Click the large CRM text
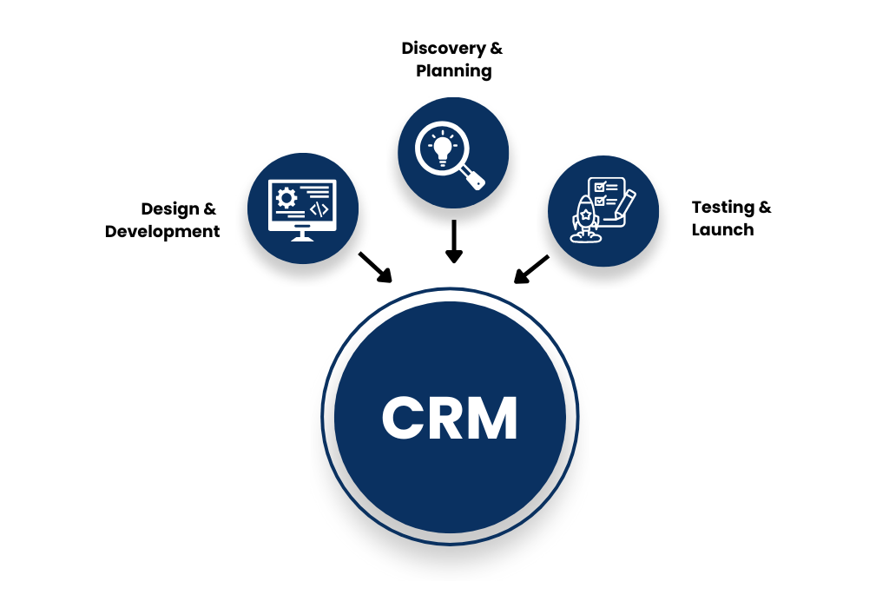tap(450, 418)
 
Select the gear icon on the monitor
tap(286, 198)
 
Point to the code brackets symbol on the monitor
tap(319, 209)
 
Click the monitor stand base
tap(302, 236)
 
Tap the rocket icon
tap(584, 216)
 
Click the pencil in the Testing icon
tap(624, 204)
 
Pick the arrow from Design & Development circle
tap(375, 268)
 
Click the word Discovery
tap(440, 49)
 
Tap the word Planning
tap(453, 71)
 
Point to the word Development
tap(162, 232)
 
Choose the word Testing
tap(722, 208)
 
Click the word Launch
tap(722, 230)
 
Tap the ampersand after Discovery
tap(496, 49)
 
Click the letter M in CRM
tap(492, 418)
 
